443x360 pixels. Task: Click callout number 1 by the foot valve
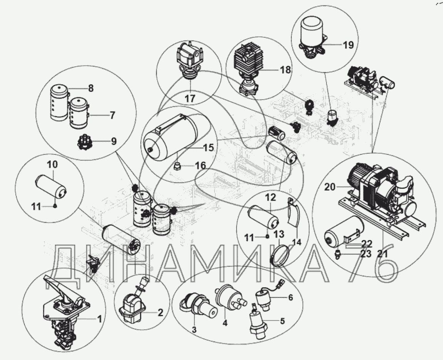(99, 319)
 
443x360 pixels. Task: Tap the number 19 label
(348, 45)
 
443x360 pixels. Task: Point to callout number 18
(285, 70)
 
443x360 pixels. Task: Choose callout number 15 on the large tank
(208, 147)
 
